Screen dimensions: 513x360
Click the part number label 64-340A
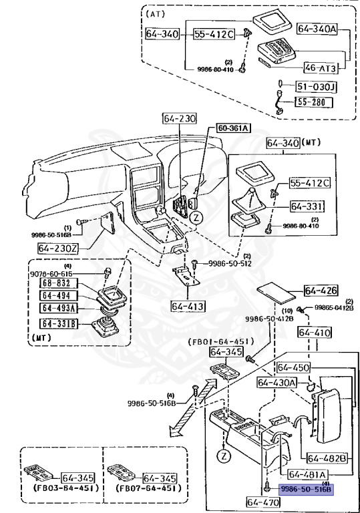pos(317,29)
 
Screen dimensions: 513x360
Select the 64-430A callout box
pos(277,381)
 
